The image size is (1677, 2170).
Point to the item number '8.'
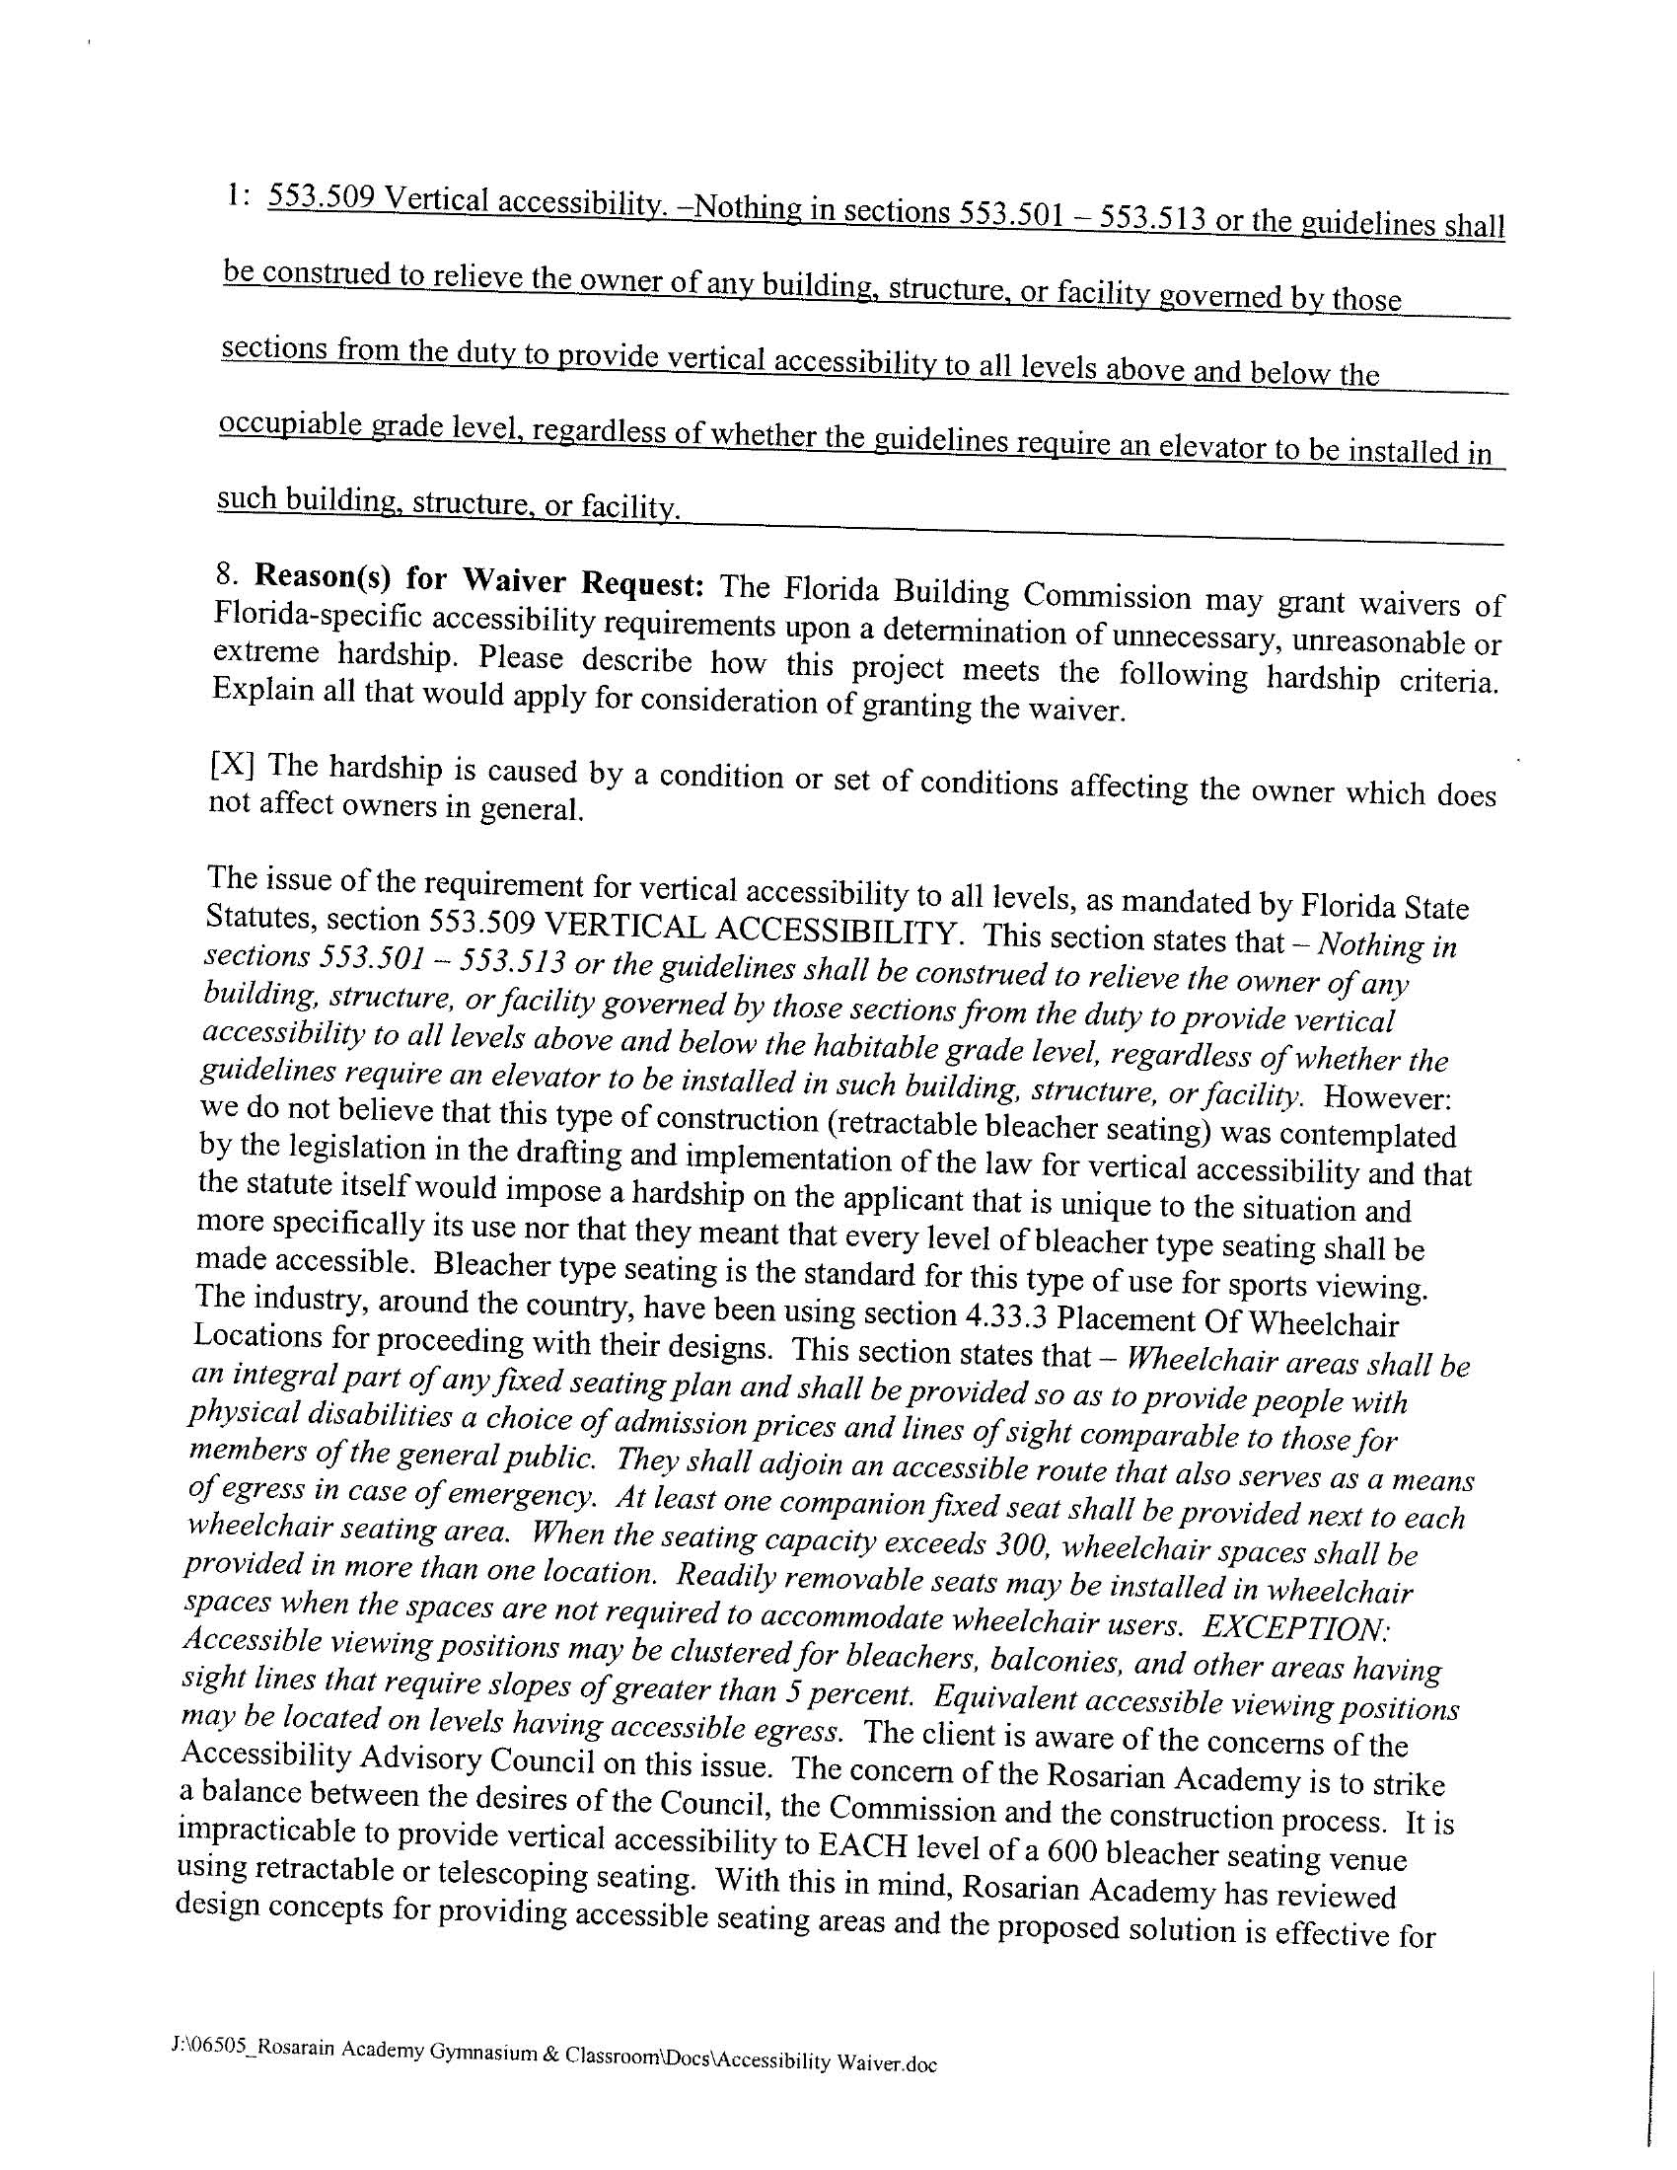pos(229,573)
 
